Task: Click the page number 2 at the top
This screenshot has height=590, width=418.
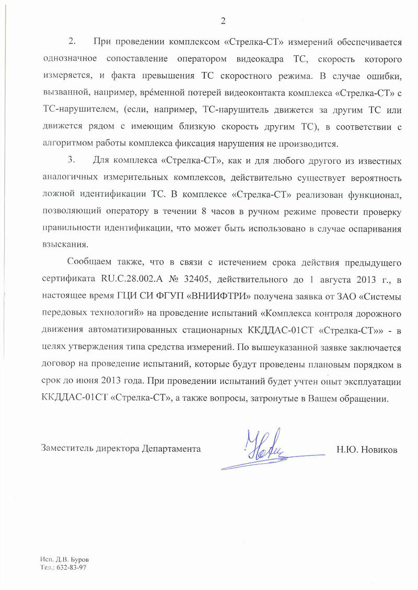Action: click(223, 21)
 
